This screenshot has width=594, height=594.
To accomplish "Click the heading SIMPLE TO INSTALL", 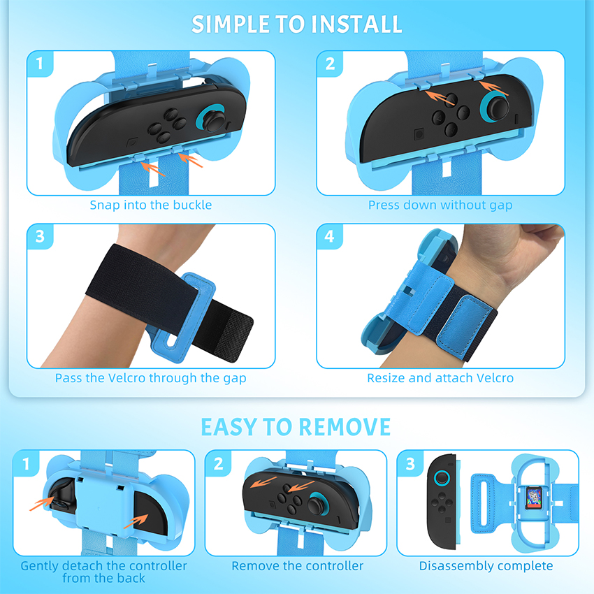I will (296, 24).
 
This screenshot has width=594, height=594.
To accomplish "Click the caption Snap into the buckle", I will (150, 205).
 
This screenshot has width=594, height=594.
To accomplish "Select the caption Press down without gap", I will (440, 205).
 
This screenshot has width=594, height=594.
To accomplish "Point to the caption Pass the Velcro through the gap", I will (150, 378).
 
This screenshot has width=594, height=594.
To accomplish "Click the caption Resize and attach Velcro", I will (440, 378).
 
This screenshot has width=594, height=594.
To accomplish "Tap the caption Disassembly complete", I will (486, 566).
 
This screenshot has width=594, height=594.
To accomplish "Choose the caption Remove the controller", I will (298, 566).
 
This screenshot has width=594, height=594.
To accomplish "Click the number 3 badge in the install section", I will (40, 236).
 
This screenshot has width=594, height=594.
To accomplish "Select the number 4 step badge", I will (330, 236).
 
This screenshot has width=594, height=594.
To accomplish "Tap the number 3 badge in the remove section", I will (410, 463).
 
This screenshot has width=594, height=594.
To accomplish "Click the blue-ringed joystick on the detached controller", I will (441, 479).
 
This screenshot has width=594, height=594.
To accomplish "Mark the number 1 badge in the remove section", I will (26, 463).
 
